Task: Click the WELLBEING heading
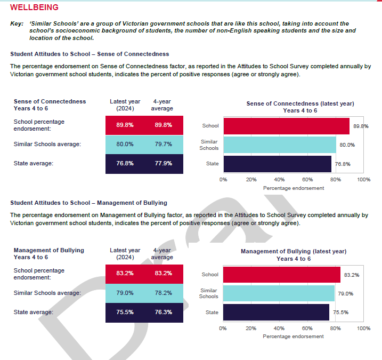click(35, 7)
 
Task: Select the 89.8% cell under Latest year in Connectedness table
click(125, 125)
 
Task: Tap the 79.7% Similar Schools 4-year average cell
click(163, 144)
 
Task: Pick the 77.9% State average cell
click(163, 163)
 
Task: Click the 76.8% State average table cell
click(125, 163)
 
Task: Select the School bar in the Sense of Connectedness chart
click(286, 126)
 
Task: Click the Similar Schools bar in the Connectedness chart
click(279, 145)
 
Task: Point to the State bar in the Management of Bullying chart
click(276, 312)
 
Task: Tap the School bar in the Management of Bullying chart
click(281, 275)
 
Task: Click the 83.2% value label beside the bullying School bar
click(351, 275)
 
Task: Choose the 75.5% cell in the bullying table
click(125, 312)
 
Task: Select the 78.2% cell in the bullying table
click(163, 293)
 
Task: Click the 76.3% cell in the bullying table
click(163, 312)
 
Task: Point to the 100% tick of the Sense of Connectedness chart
click(363, 180)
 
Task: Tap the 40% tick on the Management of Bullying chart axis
click(279, 329)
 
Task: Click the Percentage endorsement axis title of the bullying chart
click(293, 337)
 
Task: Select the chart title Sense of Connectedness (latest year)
click(300, 103)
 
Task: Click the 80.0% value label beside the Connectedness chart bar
click(347, 145)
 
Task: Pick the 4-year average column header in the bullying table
click(162, 253)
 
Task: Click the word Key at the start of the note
click(17, 24)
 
